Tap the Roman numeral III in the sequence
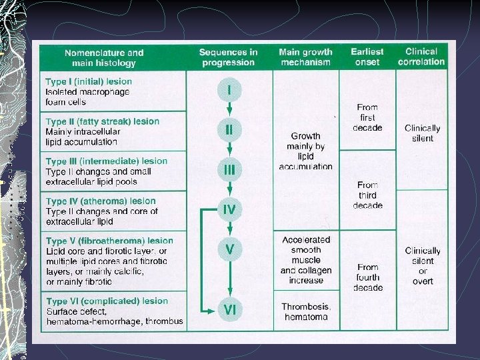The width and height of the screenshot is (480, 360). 229,170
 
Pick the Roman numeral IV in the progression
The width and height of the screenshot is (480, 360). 229,209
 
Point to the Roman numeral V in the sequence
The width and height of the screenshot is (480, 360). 229,249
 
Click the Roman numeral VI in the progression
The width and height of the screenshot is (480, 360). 229,309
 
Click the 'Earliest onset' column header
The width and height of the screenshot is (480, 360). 367,57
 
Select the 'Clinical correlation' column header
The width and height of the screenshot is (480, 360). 421,57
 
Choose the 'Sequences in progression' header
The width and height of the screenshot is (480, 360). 228,57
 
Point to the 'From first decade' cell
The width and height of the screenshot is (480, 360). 367,117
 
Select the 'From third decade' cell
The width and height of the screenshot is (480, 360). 367,195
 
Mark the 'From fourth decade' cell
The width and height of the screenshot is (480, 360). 367,277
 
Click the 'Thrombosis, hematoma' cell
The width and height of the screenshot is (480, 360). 306,311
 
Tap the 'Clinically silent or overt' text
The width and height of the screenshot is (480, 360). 423,266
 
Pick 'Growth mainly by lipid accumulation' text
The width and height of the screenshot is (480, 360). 305,151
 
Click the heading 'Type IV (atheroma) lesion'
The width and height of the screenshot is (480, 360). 101,201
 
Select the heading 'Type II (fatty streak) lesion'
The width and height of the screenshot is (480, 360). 103,122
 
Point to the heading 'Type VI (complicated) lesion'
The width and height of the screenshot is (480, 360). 107,301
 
